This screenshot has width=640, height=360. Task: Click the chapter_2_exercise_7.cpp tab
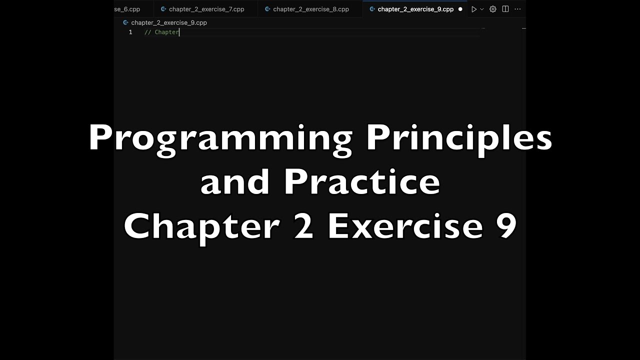[x=206, y=9]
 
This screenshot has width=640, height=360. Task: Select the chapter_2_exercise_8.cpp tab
[x=310, y=9]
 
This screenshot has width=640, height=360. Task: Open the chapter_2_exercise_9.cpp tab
[x=415, y=9]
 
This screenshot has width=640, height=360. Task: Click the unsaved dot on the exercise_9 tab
[x=460, y=9]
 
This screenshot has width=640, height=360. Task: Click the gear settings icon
[x=493, y=9]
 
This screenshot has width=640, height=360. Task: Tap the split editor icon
[x=505, y=9]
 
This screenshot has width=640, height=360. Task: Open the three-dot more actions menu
[x=517, y=9]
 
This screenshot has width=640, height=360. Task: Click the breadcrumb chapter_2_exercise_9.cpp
[x=168, y=22]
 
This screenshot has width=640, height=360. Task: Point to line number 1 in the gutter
[x=130, y=32]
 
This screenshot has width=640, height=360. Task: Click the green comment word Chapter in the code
[x=166, y=32]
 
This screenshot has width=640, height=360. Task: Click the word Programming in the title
[x=220, y=139]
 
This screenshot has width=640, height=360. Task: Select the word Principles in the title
[x=459, y=139]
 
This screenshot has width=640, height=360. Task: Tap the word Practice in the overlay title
[x=362, y=182]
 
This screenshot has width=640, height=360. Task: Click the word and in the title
[x=235, y=182]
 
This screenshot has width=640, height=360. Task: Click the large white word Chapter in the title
[x=201, y=226]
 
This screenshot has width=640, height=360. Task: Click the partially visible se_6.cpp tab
[x=127, y=9]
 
